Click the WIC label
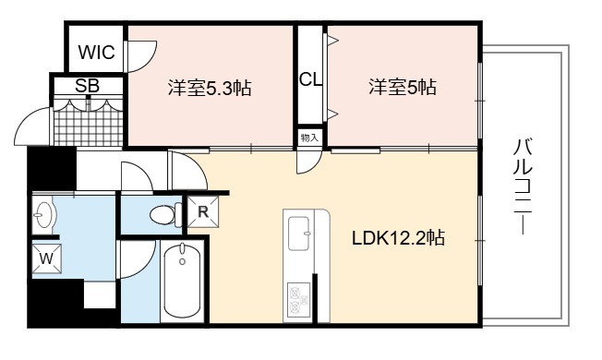pyautogui.click(x=96, y=53)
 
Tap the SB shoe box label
pyautogui.click(x=88, y=86)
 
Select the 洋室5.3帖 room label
pyautogui.click(x=210, y=88)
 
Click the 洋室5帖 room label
pyautogui.click(x=403, y=87)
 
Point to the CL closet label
pyautogui.click(x=310, y=79)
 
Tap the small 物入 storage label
pyautogui.click(x=309, y=138)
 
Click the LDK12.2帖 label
pyautogui.click(x=399, y=238)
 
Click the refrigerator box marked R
pyautogui.click(x=203, y=211)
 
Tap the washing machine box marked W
pyautogui.click(x=46, y=258)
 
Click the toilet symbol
pyautogui.click(x=166, y=214)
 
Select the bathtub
pyautogui.click(x=182, y=281)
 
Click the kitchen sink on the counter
pyautogui.click(x=299, y=234)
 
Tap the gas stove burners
pyautogui.click(x=299, y=300)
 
